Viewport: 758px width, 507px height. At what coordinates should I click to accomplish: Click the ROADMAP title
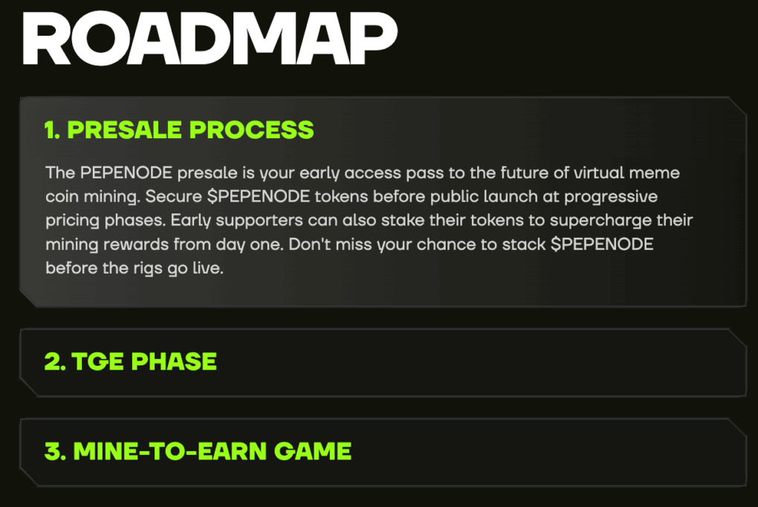point(210,39)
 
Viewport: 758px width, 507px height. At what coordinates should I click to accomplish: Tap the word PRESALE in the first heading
point(125,129)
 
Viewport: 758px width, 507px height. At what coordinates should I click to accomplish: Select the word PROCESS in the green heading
point(251,129)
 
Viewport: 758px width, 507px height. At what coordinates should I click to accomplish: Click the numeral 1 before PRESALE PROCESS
point(51,129)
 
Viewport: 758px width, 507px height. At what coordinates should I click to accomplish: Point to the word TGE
point(97,361)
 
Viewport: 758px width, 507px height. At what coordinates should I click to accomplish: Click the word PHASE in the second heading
point(174,361)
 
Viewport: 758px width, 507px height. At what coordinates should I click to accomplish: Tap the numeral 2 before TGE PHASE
point(53,361)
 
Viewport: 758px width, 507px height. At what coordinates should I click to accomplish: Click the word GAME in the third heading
point(313,451)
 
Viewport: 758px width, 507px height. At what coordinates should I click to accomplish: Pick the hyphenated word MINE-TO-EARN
point(170,451)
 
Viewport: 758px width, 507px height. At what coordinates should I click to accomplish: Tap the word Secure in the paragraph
point(174,196)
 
